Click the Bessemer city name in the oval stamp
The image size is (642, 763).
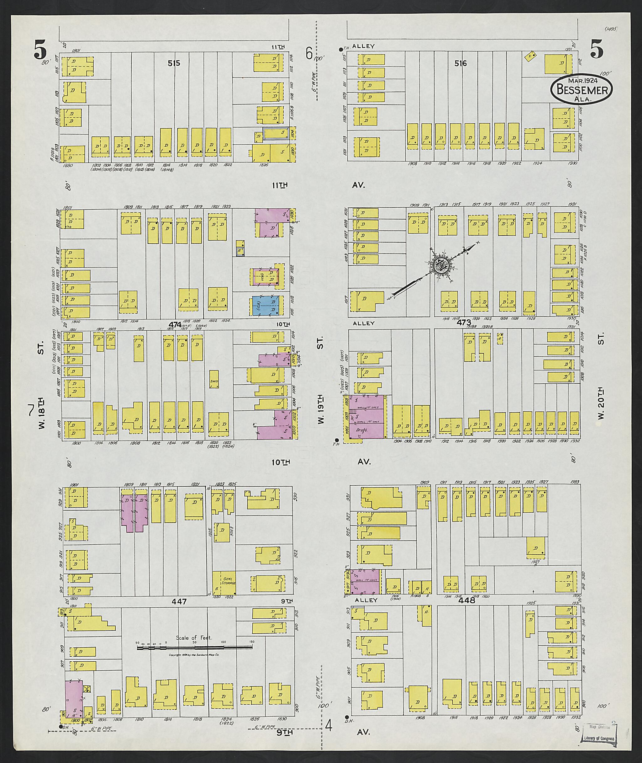(581, 90)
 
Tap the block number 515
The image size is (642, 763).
(174, 63)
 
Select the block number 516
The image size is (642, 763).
(460, 63)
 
